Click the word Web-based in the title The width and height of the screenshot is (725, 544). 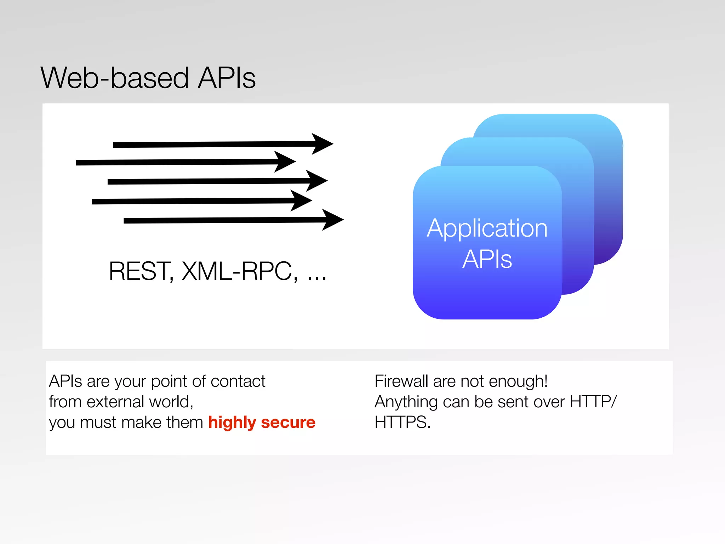tap(115, 78)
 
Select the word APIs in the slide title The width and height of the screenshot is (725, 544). tap(227, 78)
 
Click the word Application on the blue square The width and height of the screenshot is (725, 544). tap(487, 229)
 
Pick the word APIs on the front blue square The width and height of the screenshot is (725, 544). tap(487, 259)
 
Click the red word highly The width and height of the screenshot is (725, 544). tap(232, 423)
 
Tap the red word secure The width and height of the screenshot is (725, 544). tap(288, 423)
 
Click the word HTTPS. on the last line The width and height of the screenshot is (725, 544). tap(403, 423)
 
